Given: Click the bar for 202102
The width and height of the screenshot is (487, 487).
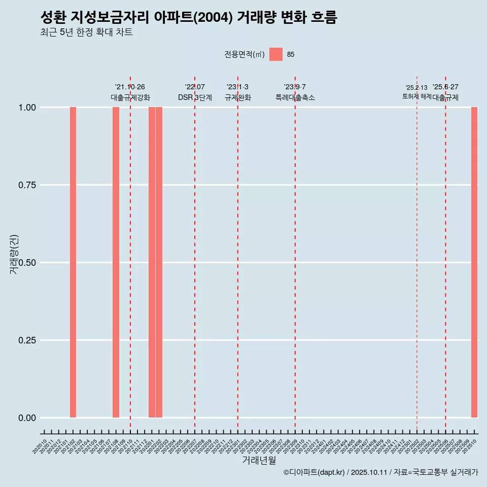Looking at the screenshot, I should click(73, 262).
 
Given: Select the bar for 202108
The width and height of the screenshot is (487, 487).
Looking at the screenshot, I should click(116, 262).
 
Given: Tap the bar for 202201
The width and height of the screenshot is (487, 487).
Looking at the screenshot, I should click(152, 262).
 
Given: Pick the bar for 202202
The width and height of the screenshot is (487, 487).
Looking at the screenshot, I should click(159, 262).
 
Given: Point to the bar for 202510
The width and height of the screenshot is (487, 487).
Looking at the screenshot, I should click(474, 262).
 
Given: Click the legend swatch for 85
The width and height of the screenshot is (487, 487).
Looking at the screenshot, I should click(276, 54).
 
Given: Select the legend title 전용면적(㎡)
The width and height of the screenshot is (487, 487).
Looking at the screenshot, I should click(245, 54).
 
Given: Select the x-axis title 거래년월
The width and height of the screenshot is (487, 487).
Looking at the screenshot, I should click(259, 461).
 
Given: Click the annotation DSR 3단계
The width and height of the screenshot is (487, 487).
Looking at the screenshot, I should click(195, 97).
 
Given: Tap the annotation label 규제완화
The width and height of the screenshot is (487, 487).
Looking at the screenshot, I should click(238, 97).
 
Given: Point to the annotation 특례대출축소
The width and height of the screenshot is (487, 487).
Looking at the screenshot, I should click(295, 97).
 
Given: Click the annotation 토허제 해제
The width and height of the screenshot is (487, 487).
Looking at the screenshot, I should click(416, 96).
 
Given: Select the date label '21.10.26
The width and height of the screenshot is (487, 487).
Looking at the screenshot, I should click(130, 87).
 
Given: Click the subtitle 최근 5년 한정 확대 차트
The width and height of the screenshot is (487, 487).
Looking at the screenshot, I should click(86, 32).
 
